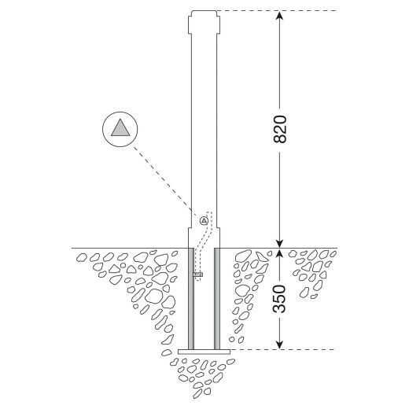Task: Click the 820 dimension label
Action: (x=280, y=129)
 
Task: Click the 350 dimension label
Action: (x=279, y=299)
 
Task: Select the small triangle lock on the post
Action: (x=204, y=221)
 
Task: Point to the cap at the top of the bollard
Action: (x=204, y=22)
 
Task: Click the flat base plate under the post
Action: (x=204, y=352)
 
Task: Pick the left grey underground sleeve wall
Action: (x=191, y=299)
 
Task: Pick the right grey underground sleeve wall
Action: (x=217, y=299)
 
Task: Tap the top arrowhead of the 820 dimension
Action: (x=280, y=15)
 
